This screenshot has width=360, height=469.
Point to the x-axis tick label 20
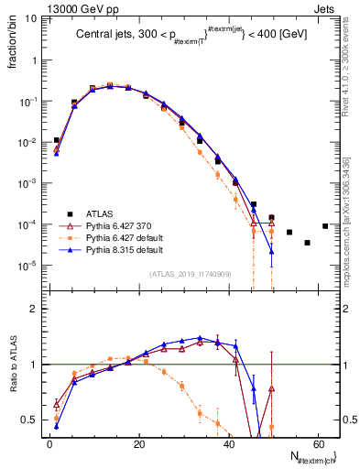pyautogui.click(x=139, y=444)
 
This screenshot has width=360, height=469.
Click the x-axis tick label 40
pyautogui.click(x=229, y=444)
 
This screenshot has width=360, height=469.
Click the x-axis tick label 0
pyautogui.click(x=49, y=444)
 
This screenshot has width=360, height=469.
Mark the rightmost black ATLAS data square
pyautogui.click(x=325, y=226)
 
